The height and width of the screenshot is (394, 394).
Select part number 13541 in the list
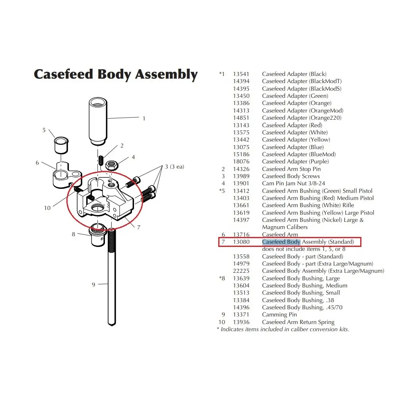[x=241, y=74]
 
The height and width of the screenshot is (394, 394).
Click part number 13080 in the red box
[x=241, y=242]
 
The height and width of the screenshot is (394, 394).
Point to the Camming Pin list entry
[x=279, y=314]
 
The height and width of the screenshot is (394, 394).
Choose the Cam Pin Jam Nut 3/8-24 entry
[x=293, y=183]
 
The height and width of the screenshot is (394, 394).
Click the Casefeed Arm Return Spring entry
[x=298, y=322]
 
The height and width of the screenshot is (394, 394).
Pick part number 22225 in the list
[x=241, y=271]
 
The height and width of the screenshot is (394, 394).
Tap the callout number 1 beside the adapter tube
[x=144, y=118]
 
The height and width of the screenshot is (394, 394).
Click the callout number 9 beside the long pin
[x=93, y=284]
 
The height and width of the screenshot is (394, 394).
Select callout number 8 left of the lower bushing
[x=74, y=234]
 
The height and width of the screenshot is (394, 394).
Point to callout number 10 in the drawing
[x=47, y=208]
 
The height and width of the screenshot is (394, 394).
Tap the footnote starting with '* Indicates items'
[x=283, y=329]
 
